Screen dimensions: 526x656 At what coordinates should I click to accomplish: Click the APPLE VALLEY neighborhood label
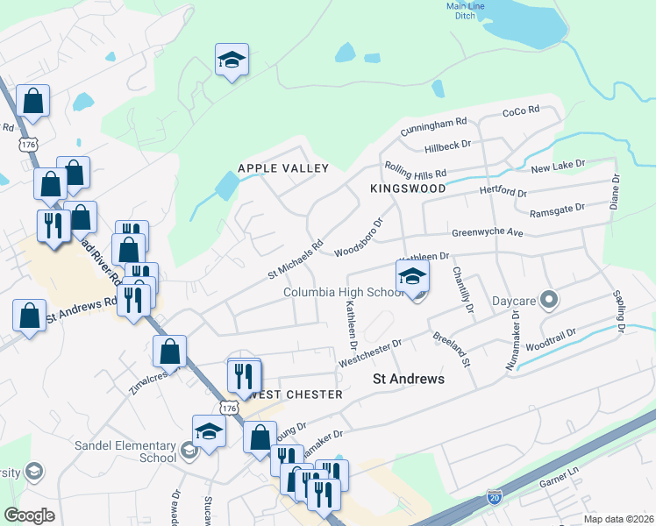click(283, 168)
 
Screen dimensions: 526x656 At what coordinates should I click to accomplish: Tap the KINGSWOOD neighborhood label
click(408, 188)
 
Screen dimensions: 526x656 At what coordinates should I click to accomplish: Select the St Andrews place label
click(409, 379)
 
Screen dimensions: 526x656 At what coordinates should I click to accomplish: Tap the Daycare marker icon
click(549, 300)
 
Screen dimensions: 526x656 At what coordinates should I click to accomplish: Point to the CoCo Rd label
click(520, 111)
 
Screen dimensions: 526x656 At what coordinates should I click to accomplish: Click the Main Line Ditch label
click(465, 11)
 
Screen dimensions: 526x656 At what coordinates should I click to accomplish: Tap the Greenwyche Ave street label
click(487, 233)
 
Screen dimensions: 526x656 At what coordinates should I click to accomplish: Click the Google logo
click(29, 515)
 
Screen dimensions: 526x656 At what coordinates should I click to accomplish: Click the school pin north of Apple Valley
click(232, 60)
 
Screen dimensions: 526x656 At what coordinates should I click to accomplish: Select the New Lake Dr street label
click(557, 166)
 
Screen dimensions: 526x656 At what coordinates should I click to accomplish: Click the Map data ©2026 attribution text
click(617, 519)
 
